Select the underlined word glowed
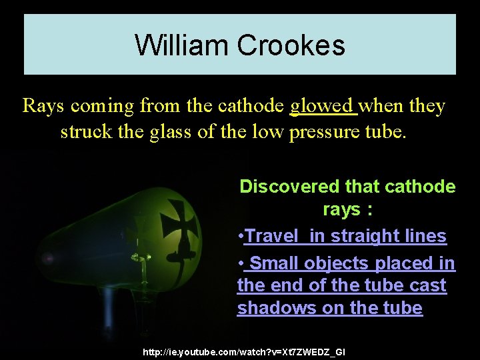(x=324, y=106)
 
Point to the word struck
(x=79, y=131)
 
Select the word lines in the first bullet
(x=425, y=236)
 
